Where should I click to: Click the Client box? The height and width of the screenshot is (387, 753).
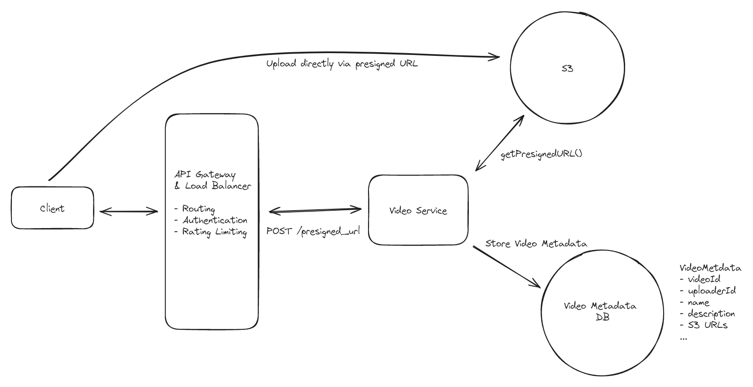(x=52, y=208)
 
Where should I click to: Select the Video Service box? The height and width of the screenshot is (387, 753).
(x=418, y=210)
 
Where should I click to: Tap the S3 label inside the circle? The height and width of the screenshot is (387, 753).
(x=567, y=69)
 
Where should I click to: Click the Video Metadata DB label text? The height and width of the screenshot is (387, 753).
(x=600, y=311)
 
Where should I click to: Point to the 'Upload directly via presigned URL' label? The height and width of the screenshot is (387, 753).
(x=342, y=64)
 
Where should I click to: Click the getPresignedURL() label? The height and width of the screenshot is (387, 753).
(x=541, y=154)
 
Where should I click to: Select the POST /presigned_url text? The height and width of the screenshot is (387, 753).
(x=313, y=231)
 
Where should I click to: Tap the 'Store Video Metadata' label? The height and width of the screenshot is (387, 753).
(x=536, y=244)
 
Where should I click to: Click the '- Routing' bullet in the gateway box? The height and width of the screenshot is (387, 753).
(x=195, y=209)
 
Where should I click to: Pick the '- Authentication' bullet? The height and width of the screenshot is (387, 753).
(x=211, y=220)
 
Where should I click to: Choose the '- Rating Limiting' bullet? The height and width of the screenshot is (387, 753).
(x=211, y=232)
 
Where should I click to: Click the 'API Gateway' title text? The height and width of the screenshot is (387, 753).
(x=205, y=174)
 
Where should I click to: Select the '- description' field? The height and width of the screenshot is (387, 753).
(x=707, y=314)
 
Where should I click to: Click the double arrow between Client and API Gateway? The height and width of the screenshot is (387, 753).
(x=129, y=211)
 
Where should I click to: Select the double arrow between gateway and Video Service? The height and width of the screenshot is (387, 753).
(x=315, y=211)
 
